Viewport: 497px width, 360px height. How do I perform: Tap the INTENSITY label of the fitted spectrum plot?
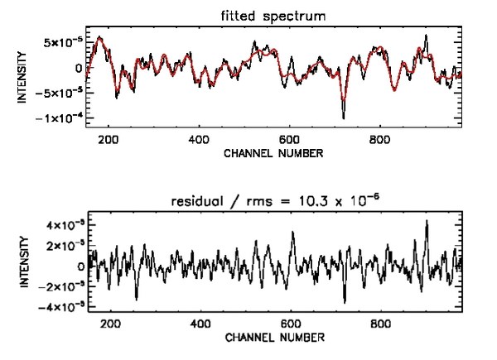point(25,78)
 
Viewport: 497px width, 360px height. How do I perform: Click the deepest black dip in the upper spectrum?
point(343,118)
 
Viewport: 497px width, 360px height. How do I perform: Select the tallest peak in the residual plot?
point(427,222)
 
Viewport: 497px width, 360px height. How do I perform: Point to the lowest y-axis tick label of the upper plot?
point(63,118)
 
